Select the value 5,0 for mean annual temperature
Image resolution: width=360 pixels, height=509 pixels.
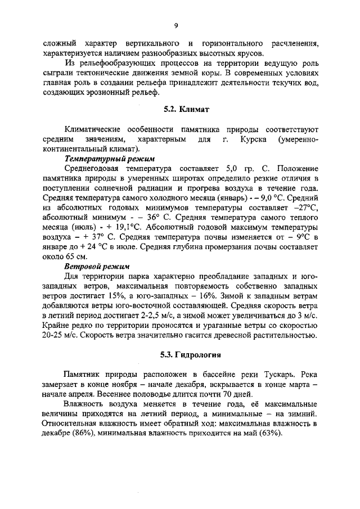[x=232, y=169]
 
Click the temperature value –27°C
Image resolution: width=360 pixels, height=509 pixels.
[x=305, y=209]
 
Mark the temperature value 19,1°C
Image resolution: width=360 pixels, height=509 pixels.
[x=123, y=229]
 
